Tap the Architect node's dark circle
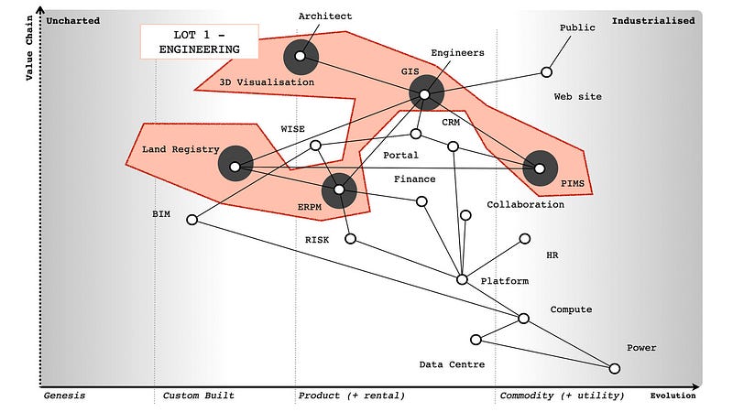(x=300, y=57)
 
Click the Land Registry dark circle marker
(x=235, y=166)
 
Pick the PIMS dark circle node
(x=540, y=168)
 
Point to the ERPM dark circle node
(x=340, y=190)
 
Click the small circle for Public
(x=546, y=71)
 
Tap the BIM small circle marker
(x=191, y=220)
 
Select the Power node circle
(x=614, y=368)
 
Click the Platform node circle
(x=462, y=278)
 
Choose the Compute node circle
(x=523, y=319)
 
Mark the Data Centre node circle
(x=476, y=340)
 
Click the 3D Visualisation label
(x=267, y=82)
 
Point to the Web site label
(x=578, y=96)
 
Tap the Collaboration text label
(x=525, y=204)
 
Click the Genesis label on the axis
(x=64, y=396)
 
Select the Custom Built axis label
(x=198, y=396)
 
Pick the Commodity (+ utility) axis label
(x=561, y=396)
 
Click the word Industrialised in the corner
(x=653, y=20)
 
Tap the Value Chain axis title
(x=29, y=44)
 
